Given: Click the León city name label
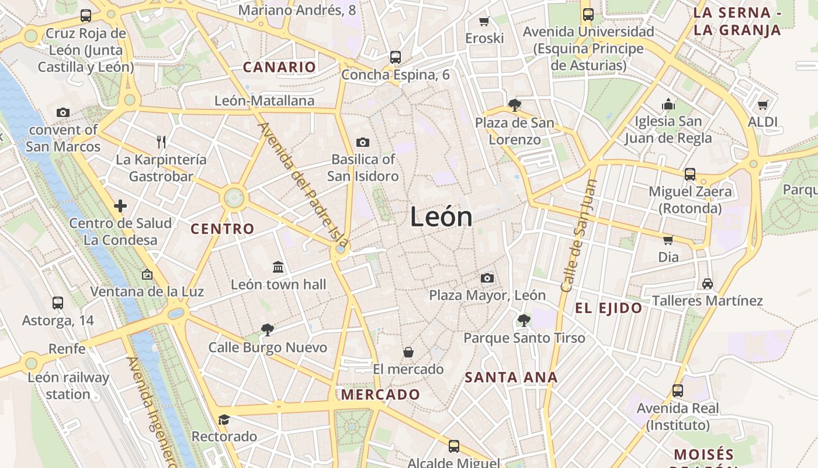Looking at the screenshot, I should pos(441,217).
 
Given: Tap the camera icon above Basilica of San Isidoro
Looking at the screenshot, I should pos(362,142).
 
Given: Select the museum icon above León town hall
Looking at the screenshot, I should pos(278,267).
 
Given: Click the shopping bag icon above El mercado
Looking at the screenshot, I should pos(408,352).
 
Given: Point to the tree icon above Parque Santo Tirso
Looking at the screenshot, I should pos(524,320).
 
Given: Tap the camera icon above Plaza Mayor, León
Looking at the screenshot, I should pos(487,278).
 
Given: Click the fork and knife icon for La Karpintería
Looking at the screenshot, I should pos(161,142).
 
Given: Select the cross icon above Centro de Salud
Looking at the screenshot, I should pos(120,205).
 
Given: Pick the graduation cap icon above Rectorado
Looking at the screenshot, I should pos(224,419).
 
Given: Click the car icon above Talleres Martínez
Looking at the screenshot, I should pos(707,283).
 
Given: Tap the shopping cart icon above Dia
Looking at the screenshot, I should pos(668,239).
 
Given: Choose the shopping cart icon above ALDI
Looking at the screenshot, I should pos(762,105).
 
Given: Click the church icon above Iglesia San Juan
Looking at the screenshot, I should pos(668,105).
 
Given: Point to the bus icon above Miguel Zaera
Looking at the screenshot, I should pos(690,174).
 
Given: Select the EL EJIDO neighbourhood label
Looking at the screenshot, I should pos(608,308).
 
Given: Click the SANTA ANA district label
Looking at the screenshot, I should pos(511,377).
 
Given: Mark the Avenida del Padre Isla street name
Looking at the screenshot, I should pos(303,185).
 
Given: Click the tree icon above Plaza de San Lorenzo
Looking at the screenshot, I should pos(514,105).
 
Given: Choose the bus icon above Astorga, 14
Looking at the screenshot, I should pos(58,303).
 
